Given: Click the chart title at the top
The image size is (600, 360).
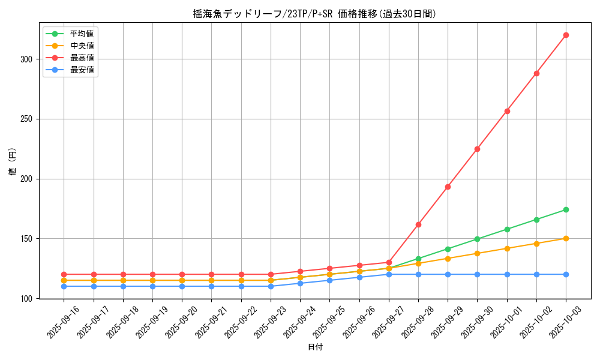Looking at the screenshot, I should [x=314, y=14].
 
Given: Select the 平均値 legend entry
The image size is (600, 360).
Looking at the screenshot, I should [x=82, y=34].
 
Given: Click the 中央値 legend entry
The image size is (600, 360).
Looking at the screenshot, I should [x=82, y=46].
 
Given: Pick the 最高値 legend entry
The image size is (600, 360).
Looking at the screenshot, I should [x=82, y=58].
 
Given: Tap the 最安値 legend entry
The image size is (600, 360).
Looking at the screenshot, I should [x=82, y=70].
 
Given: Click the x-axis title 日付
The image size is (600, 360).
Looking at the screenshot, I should [x=315, y=347].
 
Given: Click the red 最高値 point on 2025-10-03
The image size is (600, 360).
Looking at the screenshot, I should [x=566, y=35].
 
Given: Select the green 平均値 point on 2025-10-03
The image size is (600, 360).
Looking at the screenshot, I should [x=566, y=209].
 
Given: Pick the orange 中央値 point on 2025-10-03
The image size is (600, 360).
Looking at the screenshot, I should [x=566, y=238].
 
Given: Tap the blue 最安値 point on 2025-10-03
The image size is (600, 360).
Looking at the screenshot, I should [x=566, y=274].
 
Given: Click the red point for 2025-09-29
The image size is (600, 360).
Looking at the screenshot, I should [x=448, y=187].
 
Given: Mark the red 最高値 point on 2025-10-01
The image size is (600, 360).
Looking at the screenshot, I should [x=507, y=111].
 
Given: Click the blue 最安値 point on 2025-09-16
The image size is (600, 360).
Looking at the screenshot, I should [x=64, y=286].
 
